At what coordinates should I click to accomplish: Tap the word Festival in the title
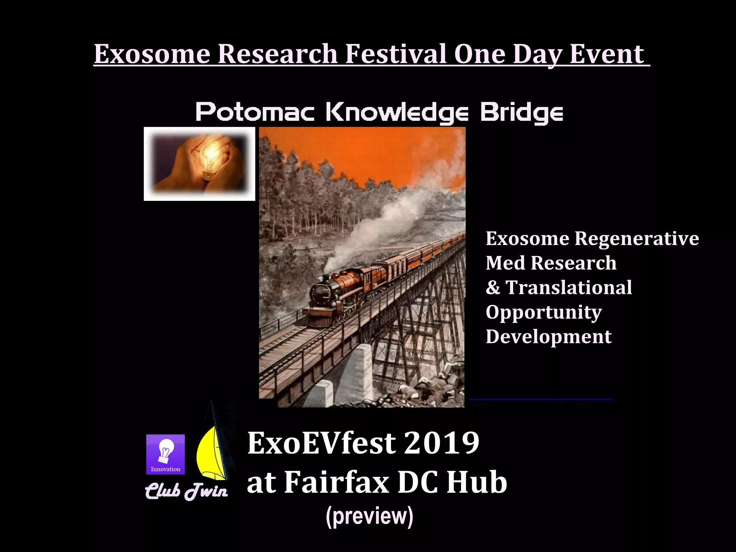click(x=396, y=54)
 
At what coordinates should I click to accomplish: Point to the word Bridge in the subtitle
click(x=521, y=113)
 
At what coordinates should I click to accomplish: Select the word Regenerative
click(x=636, y=238)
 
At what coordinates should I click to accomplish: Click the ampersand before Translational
click(x=493, y=287)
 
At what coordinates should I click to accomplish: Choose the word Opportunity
click(x=543, y=312)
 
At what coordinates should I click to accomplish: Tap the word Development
click(x=548, y=337)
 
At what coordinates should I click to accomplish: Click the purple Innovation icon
click(x=165, y=454)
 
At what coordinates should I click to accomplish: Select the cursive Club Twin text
click(x=186, y=491)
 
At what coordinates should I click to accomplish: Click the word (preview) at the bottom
click(x=369, y=516)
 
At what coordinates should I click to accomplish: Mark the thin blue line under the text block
click(x=540, y=399)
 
